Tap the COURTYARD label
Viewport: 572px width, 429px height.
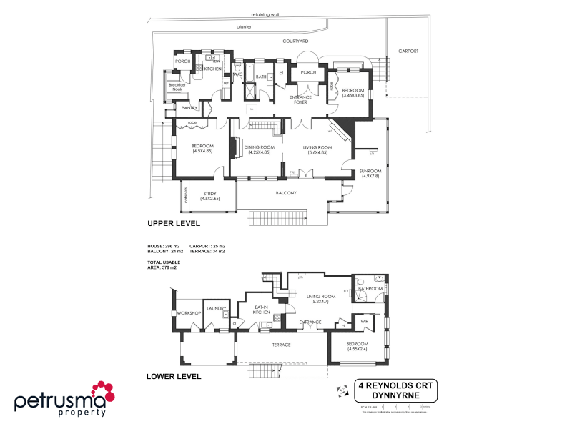coord(295,42)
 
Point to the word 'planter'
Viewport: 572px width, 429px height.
coord(245,26)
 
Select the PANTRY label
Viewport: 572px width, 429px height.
coord(189,108)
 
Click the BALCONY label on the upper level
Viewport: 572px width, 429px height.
coord(287,193)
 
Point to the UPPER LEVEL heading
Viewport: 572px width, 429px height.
coord(174,223)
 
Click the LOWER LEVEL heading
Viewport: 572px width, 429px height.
coord(174,376)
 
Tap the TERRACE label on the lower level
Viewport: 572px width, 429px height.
coord(280,345)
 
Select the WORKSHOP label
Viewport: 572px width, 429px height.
coord(189,314)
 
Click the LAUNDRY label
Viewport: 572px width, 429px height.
coord(217,309)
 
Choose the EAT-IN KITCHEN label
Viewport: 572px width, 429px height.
coord(261,310)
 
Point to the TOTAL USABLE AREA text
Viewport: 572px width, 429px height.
coord(164,265)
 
